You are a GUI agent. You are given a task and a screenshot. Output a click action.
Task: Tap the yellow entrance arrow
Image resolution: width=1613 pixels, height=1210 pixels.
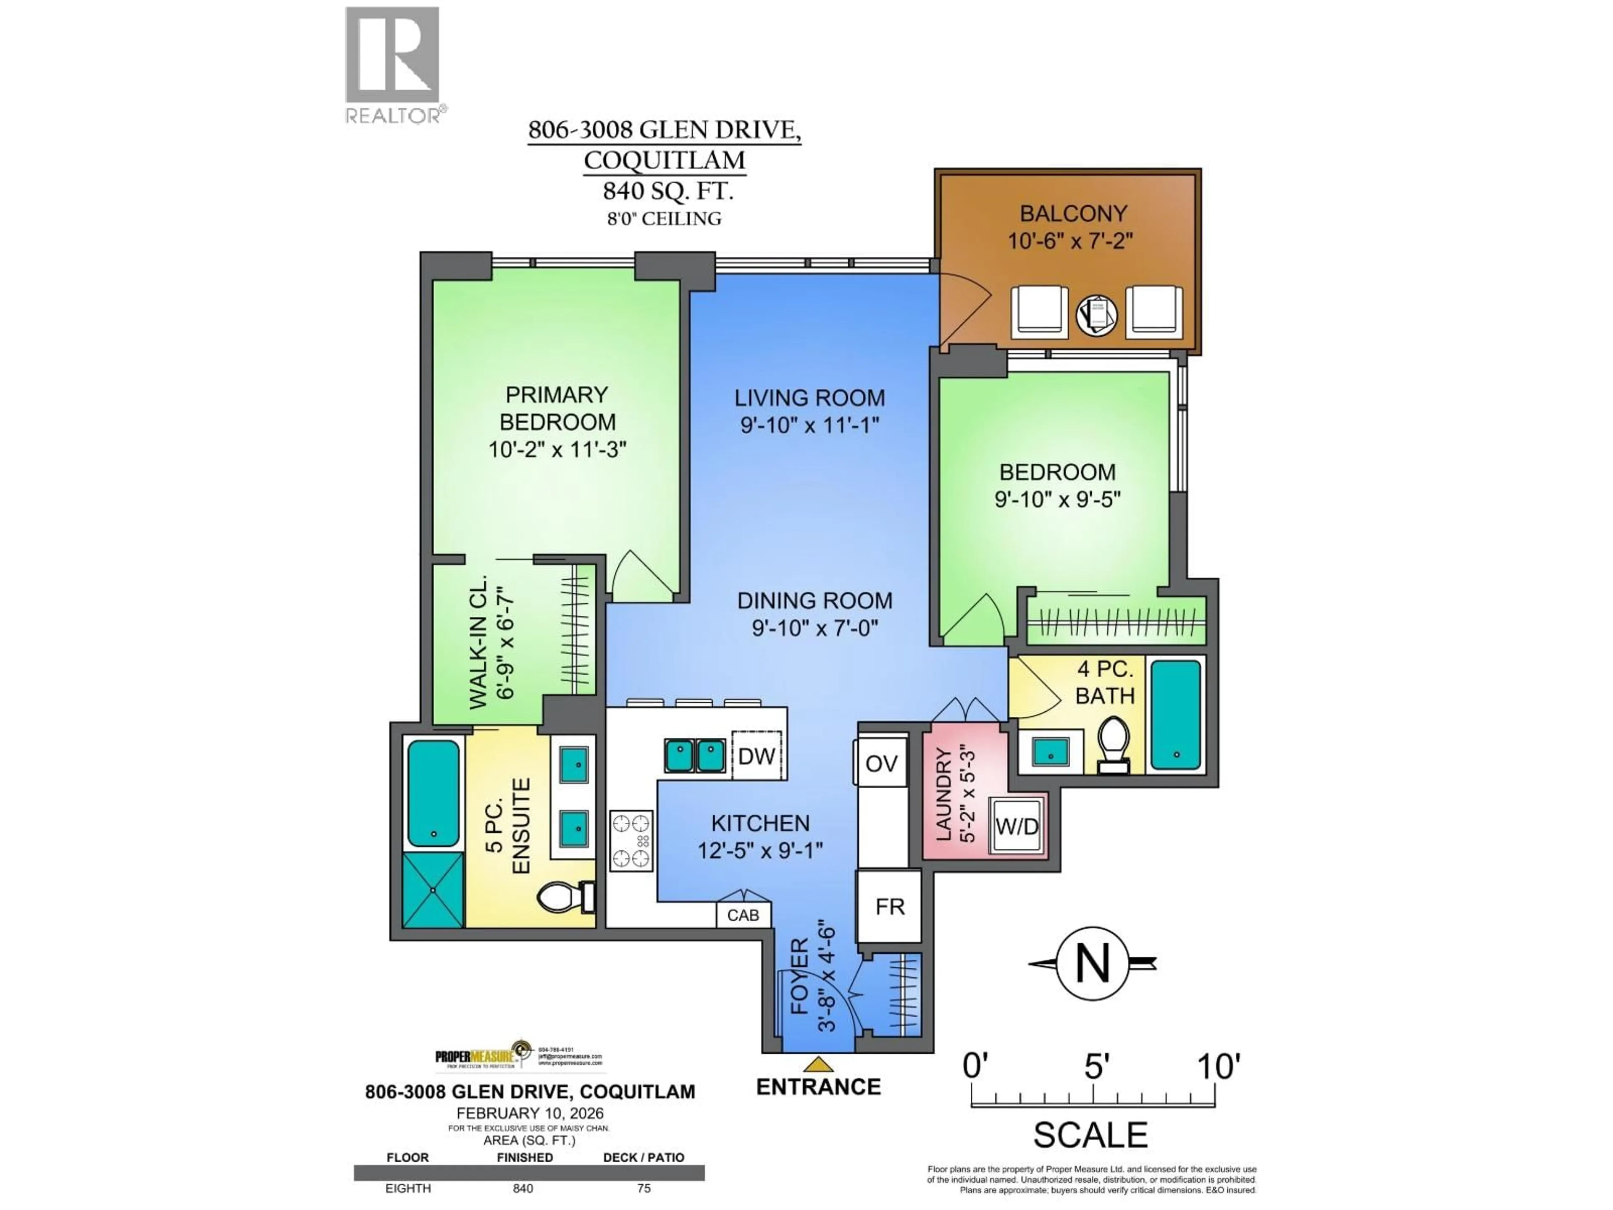coord(819,1065)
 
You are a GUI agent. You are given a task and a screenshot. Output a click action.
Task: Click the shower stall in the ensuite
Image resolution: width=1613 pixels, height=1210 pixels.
coord(433,890)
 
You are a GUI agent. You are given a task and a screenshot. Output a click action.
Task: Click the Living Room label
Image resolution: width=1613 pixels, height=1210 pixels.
coord(809,398)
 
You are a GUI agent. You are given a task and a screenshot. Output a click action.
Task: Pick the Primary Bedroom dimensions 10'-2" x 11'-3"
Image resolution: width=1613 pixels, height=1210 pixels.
coord(557,449)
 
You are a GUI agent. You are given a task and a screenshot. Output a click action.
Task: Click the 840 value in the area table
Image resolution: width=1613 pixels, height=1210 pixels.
coord(523,1188)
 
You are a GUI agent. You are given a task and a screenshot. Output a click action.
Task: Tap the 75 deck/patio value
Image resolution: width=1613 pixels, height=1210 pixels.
coord(643,1188)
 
